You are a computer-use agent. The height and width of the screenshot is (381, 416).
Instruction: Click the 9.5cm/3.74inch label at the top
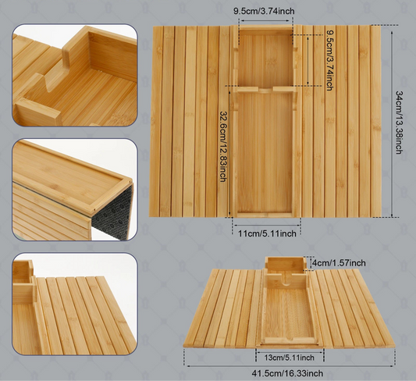tap(264, 11)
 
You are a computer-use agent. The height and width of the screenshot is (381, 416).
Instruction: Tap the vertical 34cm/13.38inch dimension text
tap(399, 123)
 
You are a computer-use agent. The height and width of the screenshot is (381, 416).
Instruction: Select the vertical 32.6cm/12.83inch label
tap(222, 147)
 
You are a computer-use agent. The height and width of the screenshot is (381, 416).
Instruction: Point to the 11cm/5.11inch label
tap(267, 233)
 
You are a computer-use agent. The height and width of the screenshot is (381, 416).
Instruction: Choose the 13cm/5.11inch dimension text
tap(290, 358)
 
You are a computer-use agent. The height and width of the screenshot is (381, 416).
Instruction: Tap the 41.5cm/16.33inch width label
tap(287, 373)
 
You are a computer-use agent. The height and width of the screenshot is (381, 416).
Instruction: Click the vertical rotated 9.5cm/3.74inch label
tap(330, 60)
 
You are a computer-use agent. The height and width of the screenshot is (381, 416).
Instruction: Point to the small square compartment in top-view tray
tap(265, 59)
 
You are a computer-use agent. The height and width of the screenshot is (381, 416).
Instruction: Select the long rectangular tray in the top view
tap(265, 152)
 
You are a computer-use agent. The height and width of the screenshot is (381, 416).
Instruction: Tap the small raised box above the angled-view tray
tap(285, 264)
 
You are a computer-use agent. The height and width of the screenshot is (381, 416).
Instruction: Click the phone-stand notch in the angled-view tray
tap(286, 281)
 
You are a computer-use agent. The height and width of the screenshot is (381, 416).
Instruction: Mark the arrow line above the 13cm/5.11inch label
tap(290, 352)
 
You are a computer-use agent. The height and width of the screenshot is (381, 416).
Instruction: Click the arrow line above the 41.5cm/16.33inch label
tap(290, 366)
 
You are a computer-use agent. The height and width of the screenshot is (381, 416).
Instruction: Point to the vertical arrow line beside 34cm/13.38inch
tap(392, 123)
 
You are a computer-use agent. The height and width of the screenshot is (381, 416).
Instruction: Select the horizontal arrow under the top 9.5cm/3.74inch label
tap(265, 21)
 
